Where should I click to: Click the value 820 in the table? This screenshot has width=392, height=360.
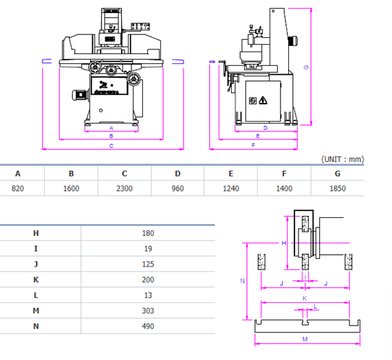pyautogui.click(x=18, y=188)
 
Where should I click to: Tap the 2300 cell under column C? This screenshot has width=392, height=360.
pyautogui.click(x=124, y=188)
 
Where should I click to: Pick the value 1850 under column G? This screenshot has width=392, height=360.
pyautogui.click(x=338, y=188)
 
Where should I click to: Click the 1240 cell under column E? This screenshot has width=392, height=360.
pyautogui.click(x=231, y=188)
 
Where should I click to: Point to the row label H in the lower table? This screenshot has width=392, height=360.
pyautogui.click(x=36, y=233)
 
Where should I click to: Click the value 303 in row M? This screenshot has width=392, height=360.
pyautogui.click(x=148, y=311)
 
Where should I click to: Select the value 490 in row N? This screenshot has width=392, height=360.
pyautogui.click(x=148, y=327)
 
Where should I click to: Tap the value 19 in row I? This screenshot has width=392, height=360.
pyautogui.click(x=148, y=249)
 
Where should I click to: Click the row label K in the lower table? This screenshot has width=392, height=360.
pyautogui.click(x=36, y=280)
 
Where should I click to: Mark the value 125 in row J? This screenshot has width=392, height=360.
pyautogui.click(x=148, y=265)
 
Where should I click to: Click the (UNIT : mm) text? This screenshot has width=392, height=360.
pyautogui.click(x=342, y=159)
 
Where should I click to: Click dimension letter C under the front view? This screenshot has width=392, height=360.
pyautogui.click(x=111, y=147)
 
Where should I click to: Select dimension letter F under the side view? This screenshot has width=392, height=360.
pyautogui.click(x=253, y=146)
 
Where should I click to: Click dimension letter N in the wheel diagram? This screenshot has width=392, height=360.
pyautogui.click(x=241, y=281)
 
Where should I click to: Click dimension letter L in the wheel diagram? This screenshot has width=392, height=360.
pyautogui.click(x=315, y=306)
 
